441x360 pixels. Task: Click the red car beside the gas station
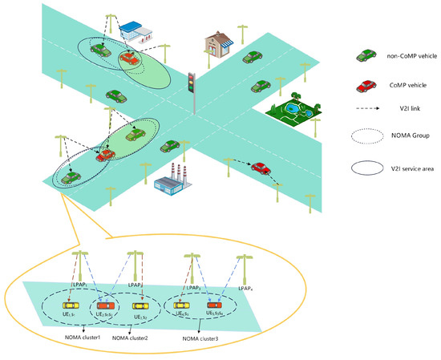click(128, 59)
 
